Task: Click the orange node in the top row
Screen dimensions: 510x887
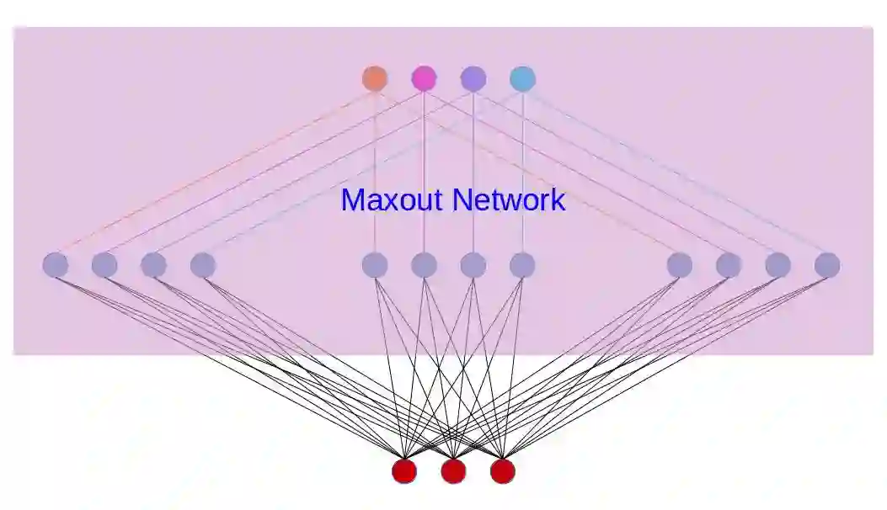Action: coord(375,78)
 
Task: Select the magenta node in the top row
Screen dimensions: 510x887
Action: coord(424,78)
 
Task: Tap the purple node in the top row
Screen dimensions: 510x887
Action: coord(473,78)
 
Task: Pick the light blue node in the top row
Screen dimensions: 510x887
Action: coord(522,78)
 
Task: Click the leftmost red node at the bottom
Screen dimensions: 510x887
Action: coord(404,471)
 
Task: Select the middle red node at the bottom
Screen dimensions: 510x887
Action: coord(453,471)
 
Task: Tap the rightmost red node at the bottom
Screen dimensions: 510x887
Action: coord(502,471)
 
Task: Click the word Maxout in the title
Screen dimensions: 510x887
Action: coord(392,200)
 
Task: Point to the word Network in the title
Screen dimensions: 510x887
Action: coord(509,200)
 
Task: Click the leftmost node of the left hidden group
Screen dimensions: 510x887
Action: coord(56,265)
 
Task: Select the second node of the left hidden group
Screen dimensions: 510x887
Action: coord(104,265)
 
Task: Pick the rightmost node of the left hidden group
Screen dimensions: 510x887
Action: coord(203,265)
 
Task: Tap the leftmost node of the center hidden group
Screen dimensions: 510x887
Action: coord(375,265)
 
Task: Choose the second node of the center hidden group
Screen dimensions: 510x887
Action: coord(424,265)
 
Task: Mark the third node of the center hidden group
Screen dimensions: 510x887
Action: coord(473,265)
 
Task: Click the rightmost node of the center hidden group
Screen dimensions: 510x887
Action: coord(522,265)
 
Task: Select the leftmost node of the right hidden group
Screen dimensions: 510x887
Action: coord(680,265)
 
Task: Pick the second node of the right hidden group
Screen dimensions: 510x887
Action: coord(729,265)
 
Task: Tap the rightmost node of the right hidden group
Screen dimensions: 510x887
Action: coord(827,265)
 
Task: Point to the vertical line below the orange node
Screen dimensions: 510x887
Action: coord(375,151)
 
